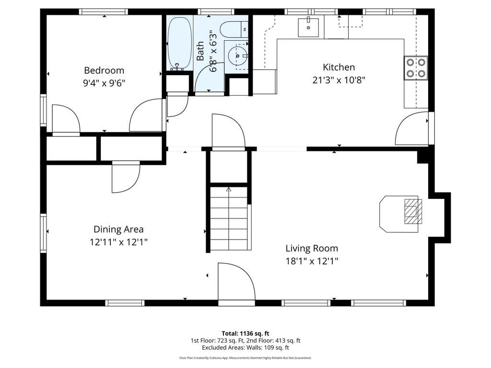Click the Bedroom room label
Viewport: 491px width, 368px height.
click(104, 71)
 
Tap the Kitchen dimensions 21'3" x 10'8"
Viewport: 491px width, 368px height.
click(339, 80)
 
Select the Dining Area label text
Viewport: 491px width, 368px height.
click(119, 230)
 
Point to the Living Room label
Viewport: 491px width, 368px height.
click(312, 249)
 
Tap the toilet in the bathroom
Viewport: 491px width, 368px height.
click(234, 29)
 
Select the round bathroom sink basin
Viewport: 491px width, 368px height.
click(237, 56)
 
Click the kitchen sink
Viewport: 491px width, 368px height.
click(308, 27)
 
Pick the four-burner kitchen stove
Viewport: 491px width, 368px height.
click(416, 68)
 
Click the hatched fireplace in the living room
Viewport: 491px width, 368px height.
click(413, 211)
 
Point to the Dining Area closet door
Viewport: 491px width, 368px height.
click(126, 177)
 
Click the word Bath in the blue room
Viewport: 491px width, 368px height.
click(200, 51)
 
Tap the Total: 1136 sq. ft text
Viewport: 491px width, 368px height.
click(245, 333)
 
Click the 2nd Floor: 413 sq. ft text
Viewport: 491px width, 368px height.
click(273, 341)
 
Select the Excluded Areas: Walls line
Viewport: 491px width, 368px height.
click(245, 347)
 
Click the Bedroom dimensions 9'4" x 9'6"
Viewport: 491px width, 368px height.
click(104, 83)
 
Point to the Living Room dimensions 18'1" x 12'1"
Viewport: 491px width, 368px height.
click(312, 261)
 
